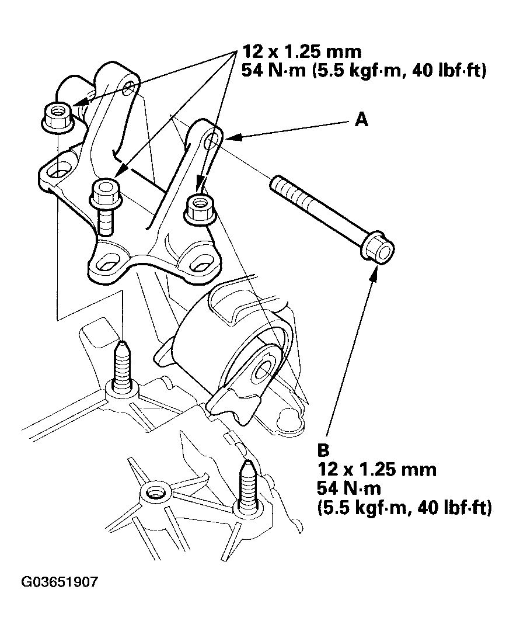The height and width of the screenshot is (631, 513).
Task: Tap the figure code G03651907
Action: (x=60, y=582)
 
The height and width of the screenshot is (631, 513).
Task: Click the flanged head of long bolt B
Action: (x=378, y=250)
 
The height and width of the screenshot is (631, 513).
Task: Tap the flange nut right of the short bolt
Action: (x=200, y=209)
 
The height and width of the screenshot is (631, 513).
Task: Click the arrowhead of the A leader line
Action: (x=228, y=137)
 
